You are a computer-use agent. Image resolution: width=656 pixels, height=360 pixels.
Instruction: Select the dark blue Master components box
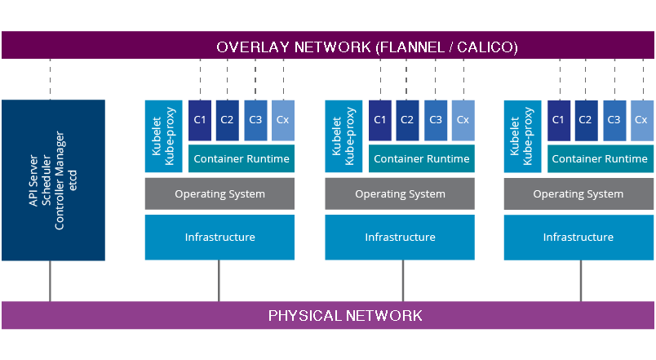(53, 180)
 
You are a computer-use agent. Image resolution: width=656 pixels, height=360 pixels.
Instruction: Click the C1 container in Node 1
(200, 120)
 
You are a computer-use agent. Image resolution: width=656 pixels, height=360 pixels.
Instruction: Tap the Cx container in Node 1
(282, 120)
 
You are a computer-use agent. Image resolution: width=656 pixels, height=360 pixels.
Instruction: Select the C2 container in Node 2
(407, 120)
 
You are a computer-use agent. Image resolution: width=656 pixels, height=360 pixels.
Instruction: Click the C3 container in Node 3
(614, 120)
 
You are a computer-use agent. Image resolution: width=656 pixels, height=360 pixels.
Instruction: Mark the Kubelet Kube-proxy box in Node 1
(163, 136)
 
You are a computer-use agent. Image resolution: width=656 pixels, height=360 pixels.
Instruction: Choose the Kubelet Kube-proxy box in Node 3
(522, 136)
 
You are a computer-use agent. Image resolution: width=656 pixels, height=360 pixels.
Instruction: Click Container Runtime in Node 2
(422, 158)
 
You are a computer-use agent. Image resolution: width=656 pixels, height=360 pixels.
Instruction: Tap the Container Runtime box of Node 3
(601, 158)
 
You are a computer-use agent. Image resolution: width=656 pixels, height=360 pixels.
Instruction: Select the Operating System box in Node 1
(219, 194)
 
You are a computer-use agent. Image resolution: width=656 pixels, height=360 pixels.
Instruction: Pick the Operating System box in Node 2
(400, 194)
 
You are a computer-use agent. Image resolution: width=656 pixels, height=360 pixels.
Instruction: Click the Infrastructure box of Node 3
(578, 237)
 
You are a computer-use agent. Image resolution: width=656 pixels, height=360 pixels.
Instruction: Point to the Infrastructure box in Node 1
(219, 237)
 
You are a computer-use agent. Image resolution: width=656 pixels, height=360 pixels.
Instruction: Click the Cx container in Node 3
(641, 120)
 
